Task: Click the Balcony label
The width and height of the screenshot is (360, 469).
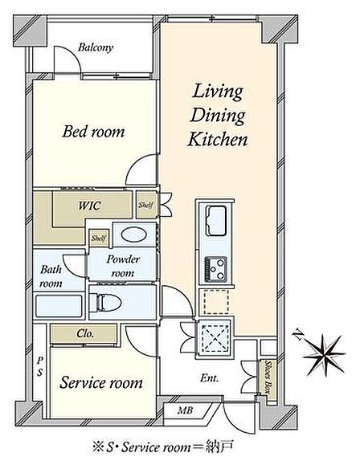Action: (96, 47)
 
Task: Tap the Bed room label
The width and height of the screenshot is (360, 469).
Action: (93, 132)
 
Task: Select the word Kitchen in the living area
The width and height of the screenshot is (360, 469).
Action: (218, 140)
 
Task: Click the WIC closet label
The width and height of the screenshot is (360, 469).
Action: (89, 206)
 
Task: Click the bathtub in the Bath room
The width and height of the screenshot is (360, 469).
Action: (59, 306)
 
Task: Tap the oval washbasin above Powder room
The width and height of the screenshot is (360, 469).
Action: (133, 234)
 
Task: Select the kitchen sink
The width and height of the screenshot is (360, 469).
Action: (215, 221)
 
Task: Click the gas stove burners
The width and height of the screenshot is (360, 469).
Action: (215, 269)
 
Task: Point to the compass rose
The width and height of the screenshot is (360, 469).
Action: (325, 355)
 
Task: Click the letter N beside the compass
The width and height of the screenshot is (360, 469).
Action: (297, 334)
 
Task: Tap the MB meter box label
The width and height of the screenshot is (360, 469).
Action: (185, 410)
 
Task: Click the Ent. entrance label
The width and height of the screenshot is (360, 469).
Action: (209, 378)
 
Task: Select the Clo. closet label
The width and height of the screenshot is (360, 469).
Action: (85, 333)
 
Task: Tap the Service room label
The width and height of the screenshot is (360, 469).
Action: (101, 382)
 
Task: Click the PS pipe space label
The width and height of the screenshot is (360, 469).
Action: (40, 366)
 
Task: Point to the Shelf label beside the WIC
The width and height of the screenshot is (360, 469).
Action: (146, 206)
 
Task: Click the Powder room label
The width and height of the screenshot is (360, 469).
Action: (123, 266)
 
